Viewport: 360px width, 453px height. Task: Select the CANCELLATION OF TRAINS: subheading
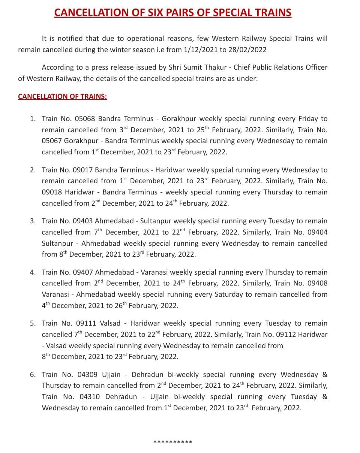pyautogui.click(x=62, y=97)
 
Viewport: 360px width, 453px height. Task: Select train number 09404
pyautogui.click(x=317, y=232)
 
